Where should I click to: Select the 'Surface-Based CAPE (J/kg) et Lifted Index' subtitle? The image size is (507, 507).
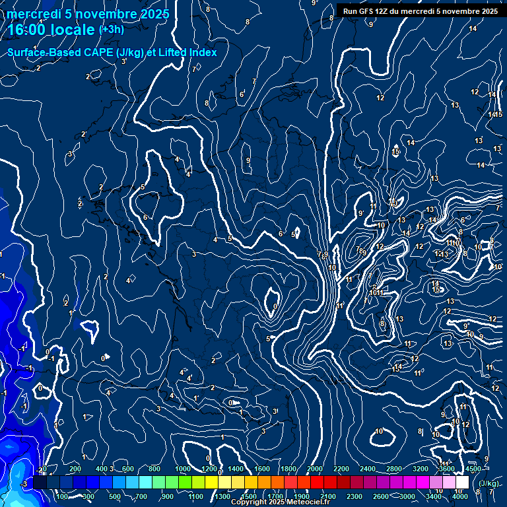pyautogui.click(x=112, y=52)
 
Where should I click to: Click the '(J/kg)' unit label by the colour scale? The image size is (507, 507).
pyautogui.click(x=488, y=484)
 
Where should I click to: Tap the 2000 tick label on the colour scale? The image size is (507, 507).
pyautogui.click(x=315, y=469)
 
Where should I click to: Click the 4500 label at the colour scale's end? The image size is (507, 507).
pyautogui.click(x=473, y=469)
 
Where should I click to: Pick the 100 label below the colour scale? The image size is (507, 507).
pyautogui.click(x=63, y=496)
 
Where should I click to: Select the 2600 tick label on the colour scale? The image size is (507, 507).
pyautogui.click(x=380, y=496)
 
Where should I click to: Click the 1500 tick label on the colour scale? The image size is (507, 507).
pyautogui.click(x=249, y=496)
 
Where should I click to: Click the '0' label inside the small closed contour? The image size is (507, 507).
pyautogui.click(x=275, y=306)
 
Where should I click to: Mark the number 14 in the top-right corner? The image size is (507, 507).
pyautogui.click(x=473, y=28)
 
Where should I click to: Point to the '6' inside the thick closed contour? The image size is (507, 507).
pyautogui.click(x=145, y=217)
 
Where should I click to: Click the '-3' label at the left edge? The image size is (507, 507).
pyautogui.click(x=24, y=484)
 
